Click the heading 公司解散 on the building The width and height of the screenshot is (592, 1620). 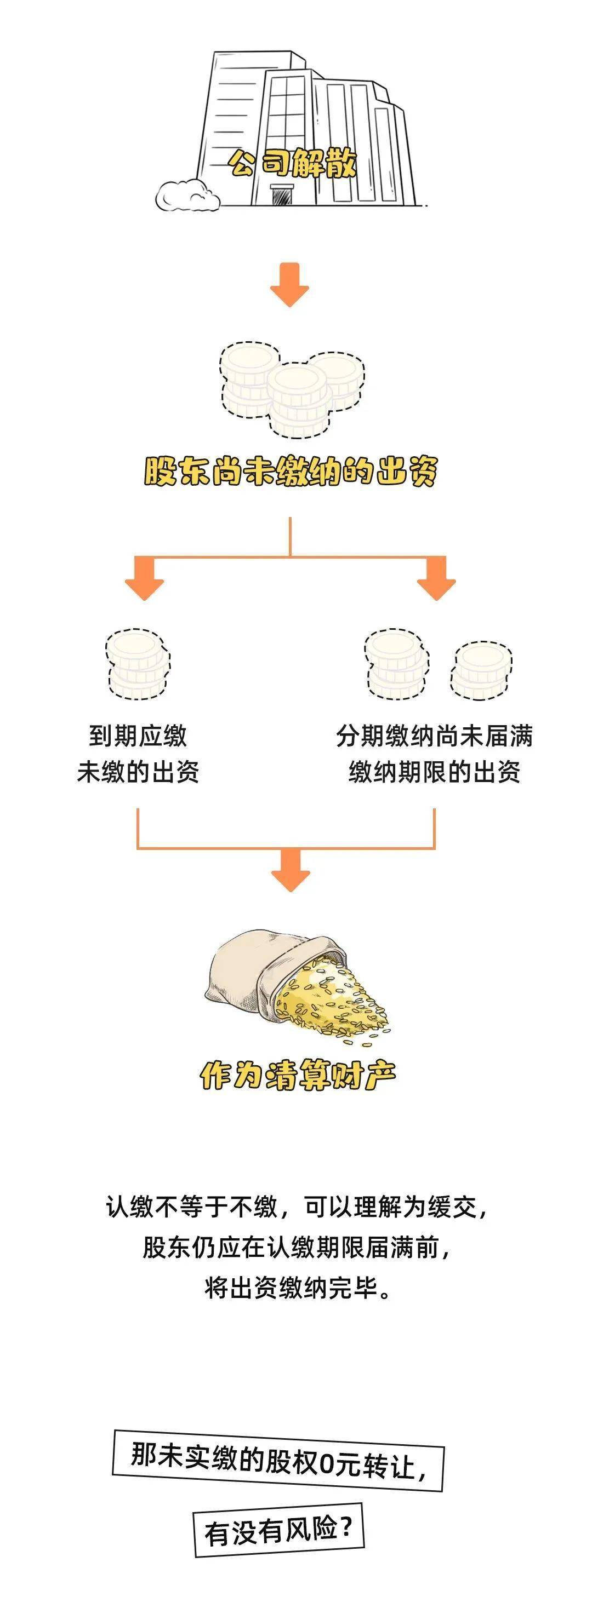tap(293, 164)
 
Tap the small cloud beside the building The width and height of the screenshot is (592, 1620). tap(187, 195)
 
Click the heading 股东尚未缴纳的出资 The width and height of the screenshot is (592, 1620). tap(290, 471)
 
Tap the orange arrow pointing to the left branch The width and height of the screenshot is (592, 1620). tap(145, 578)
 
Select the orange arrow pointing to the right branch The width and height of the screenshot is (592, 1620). tap(436, 578)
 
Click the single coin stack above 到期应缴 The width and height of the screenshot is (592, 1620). tap(138, 663)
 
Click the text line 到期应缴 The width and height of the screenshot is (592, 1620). tap(138, 736)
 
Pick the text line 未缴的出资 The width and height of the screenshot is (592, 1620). tap(138, 772)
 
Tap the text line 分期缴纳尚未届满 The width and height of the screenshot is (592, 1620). tap(435, 736)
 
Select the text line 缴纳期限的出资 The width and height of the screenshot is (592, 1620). tap(435, 772)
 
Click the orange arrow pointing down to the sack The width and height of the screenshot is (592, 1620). tap(291, 870)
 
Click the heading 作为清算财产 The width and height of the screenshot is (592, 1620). tap(298, 1076)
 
